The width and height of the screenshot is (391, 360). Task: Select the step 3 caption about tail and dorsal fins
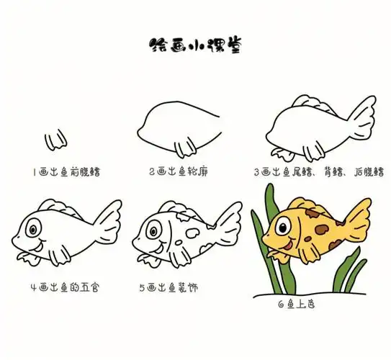tap(318, 173)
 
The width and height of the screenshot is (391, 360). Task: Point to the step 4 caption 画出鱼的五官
tap(66, 287)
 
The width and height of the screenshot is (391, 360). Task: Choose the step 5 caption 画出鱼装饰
tap(168, 287)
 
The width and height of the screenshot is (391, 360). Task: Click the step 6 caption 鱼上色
tap(295, 304)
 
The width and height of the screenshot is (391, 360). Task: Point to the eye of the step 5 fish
tap(153, 230)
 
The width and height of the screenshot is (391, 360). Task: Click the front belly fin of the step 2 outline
tap(186, 149)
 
